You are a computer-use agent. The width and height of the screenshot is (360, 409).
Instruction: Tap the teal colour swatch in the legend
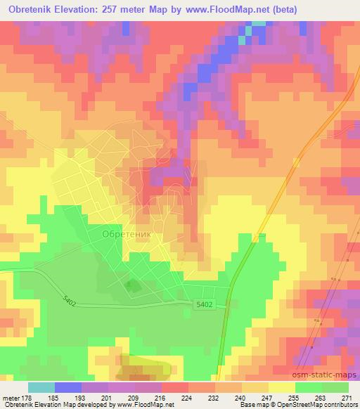click(x=41, y=387)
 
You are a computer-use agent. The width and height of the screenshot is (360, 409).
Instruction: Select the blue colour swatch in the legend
click(x=68, y=387)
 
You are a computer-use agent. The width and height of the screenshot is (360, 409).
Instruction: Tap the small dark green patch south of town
click(x=130, y=285)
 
